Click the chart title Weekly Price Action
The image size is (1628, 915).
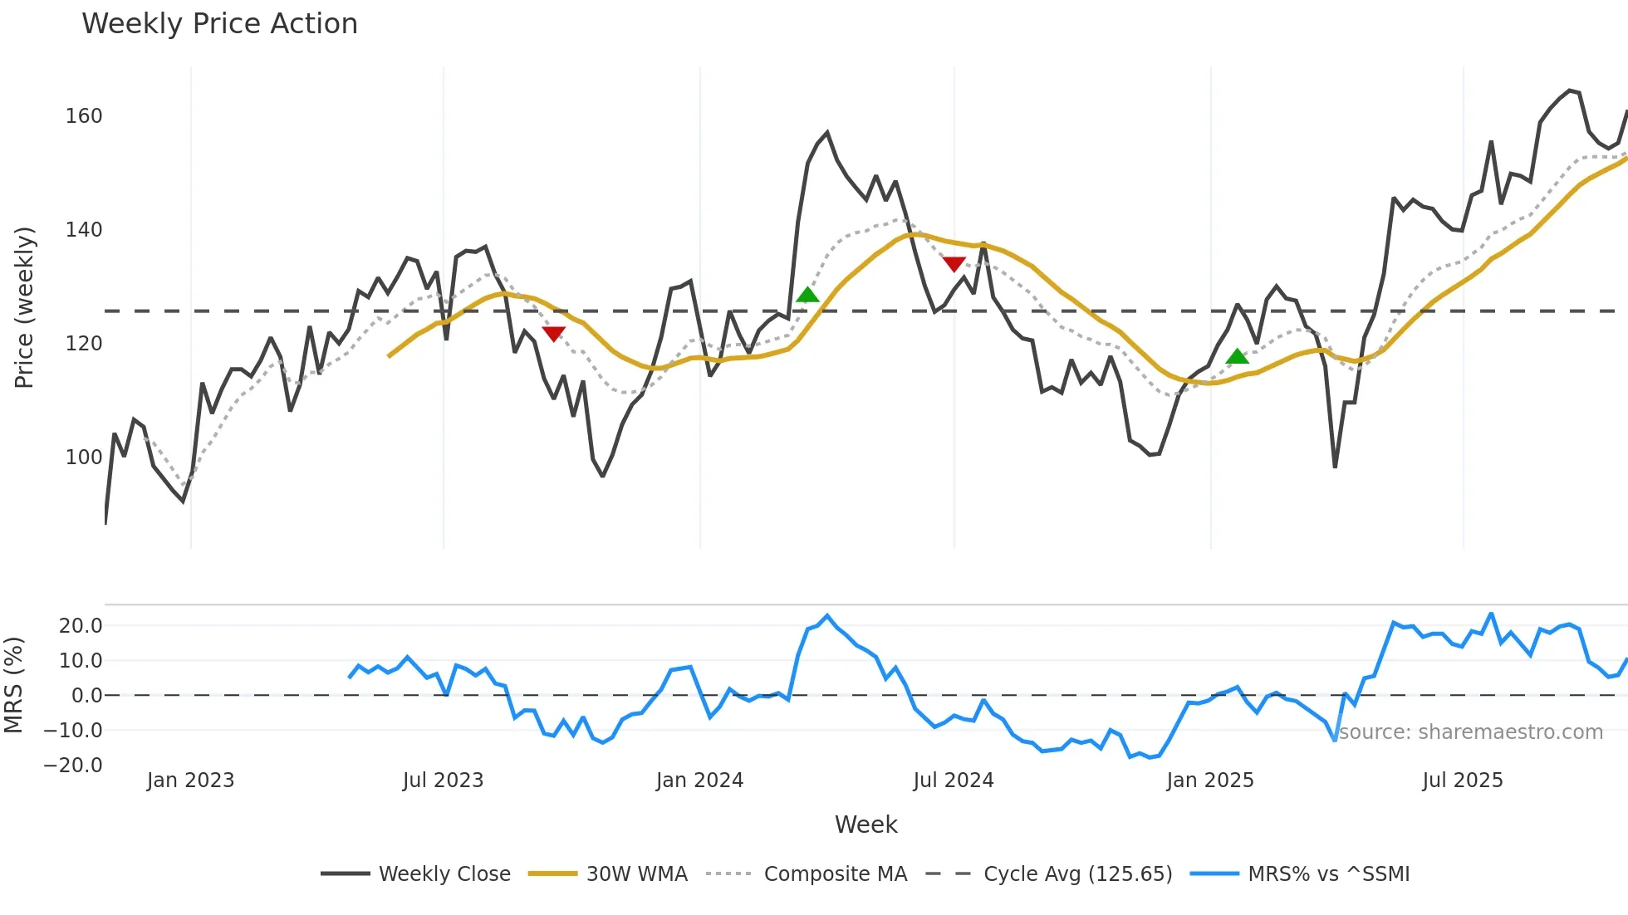click(219, 24)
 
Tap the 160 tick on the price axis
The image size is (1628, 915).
click(84, 116)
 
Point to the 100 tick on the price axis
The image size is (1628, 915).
click(84, 457)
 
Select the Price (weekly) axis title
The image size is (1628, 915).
click(25, 307)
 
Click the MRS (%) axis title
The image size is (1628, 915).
click(13, 685)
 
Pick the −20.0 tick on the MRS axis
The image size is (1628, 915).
click(74, 766)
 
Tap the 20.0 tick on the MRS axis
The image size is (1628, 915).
click(81, 626)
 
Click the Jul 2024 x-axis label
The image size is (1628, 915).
click(954, 780)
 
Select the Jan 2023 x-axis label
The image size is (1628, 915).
click(191, 780)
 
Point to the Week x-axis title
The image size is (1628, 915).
click(865, 824)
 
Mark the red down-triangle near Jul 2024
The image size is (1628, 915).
click(954, 264)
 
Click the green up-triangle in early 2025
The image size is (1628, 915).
click(1238, 356)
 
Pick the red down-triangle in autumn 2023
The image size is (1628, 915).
click(553, 334)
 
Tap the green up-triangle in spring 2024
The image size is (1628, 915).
click(807, 295)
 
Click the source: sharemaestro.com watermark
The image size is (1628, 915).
click(1470, 732)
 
